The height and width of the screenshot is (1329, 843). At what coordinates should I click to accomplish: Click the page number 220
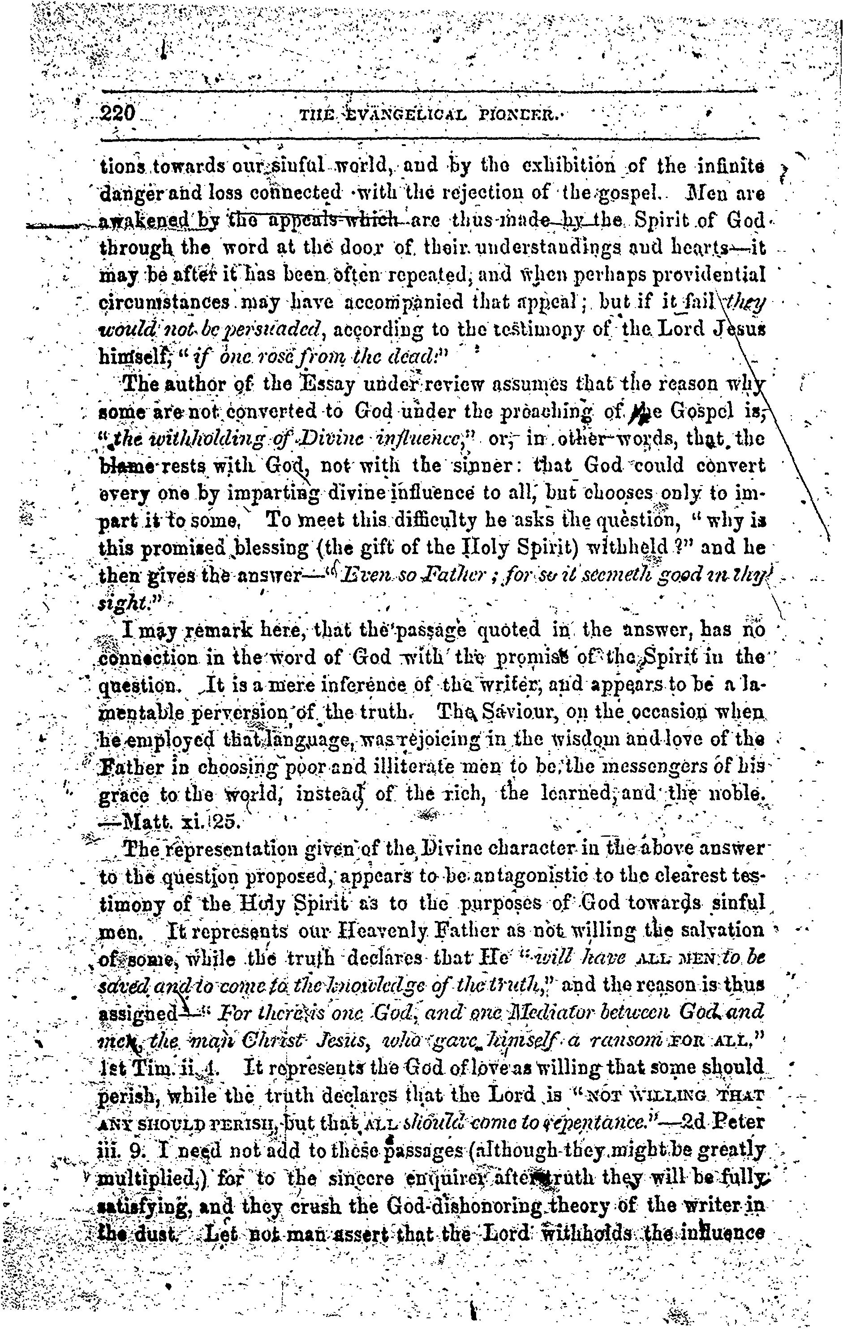[118, 114]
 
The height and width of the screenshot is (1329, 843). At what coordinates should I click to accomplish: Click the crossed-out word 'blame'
[121, 466]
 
